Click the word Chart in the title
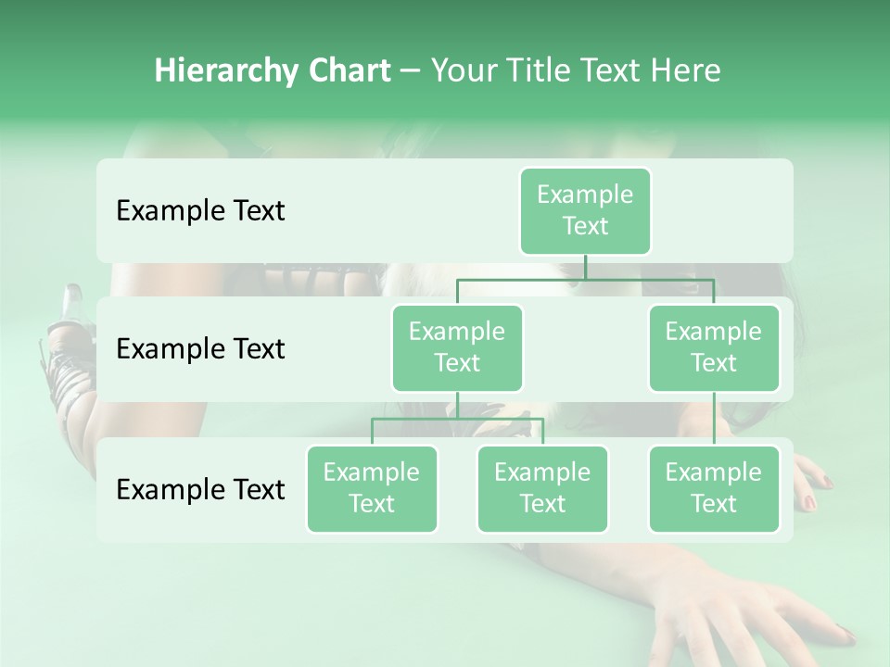(349, 70)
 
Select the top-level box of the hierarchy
(585, 210)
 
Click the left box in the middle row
(457, 347)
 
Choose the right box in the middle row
(714, 347)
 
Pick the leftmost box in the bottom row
(372, 488)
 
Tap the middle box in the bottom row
(542, 488)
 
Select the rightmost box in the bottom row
(714, 488)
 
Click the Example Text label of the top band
(200, 211)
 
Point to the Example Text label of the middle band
(200, 349)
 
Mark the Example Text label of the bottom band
(200, 490)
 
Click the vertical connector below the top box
(585, 267)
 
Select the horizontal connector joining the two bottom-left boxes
(457, 419)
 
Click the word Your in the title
(463, 70)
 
